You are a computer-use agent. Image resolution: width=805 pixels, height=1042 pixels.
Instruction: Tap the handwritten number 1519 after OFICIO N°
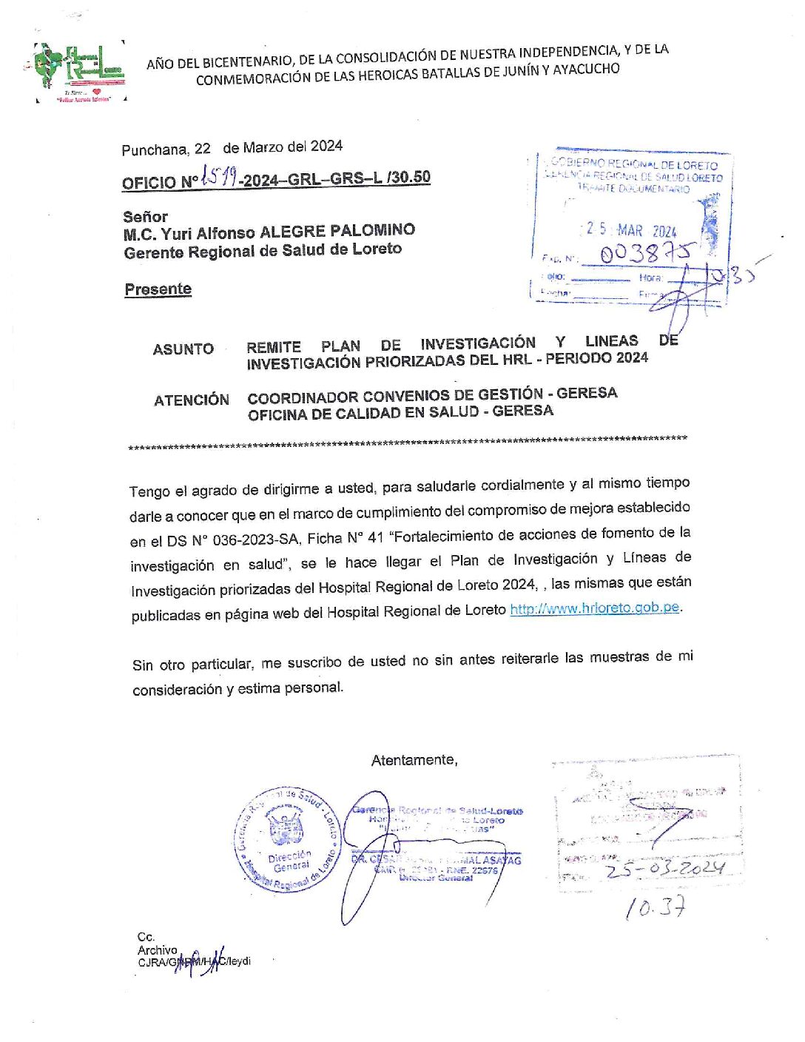[x=219, y=177]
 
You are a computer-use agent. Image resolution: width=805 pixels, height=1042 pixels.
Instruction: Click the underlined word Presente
[x=158, y=289]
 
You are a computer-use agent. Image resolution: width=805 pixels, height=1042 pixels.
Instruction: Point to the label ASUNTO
[x=183, y=349]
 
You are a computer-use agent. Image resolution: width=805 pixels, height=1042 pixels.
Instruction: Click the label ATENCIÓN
[x=192, y=400]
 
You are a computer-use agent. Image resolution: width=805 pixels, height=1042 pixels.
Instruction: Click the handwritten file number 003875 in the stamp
[x=646, y=254]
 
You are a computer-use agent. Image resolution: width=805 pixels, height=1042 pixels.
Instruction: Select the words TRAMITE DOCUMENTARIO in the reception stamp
[x=633, y=189]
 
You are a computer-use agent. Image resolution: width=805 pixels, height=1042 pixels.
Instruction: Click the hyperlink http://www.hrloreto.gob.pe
[x=594, y=608]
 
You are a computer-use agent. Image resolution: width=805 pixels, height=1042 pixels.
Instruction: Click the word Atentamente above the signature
[x=414, y=760]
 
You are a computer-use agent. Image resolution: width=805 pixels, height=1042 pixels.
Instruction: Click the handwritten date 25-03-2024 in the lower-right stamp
[x=664, y=868]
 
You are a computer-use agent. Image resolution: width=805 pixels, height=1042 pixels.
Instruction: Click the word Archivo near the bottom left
[x=157, y=950]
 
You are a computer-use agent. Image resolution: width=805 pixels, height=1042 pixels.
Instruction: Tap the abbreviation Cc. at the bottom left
[x=146, y=937]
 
